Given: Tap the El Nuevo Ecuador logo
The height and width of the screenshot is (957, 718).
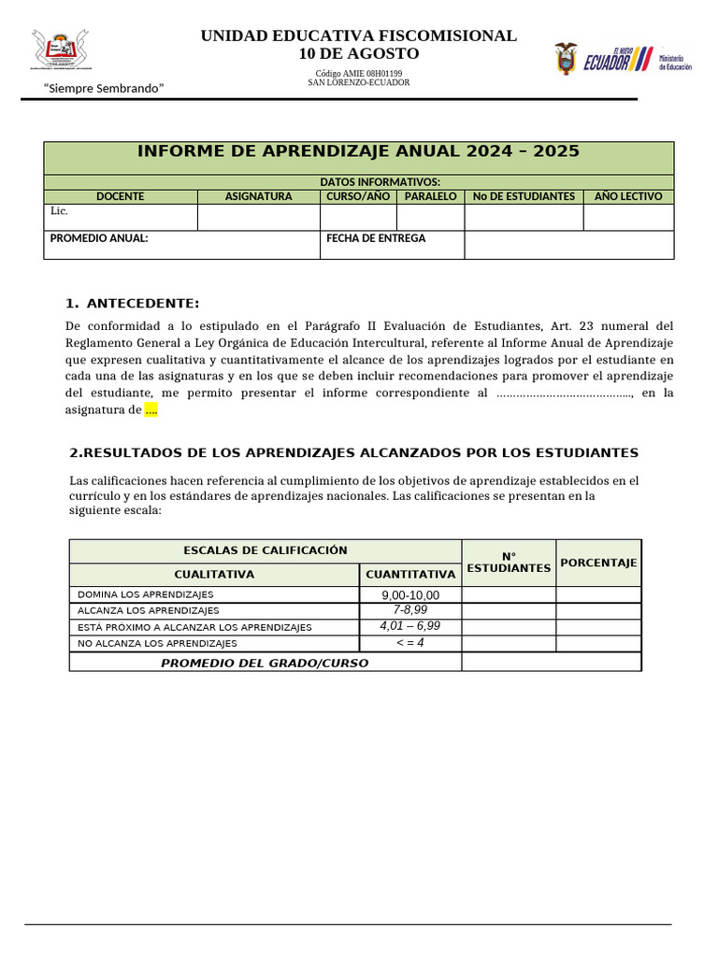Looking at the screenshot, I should [x=617, y=59].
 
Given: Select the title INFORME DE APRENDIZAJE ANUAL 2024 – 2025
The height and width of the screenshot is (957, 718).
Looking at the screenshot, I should [x=358, y=151].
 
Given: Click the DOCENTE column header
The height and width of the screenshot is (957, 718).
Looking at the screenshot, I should [x=120, y=196].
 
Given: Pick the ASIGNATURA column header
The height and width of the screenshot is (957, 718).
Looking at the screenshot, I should [x=258, y=196].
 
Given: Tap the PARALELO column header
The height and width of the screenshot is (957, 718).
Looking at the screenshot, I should [x=430, y=196].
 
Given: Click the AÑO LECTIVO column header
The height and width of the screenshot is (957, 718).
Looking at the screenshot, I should [x=628, y=196].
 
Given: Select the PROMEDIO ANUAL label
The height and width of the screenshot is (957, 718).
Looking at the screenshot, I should [x=99, y=238].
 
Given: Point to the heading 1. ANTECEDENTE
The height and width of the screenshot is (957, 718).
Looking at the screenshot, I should [x=133, y=304].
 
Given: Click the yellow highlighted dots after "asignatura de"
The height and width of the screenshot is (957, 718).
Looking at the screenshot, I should [x=151, y=410].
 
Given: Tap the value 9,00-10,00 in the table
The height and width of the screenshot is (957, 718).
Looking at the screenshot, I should [x=410, y=595].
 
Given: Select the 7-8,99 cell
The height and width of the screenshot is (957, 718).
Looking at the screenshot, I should [x=410, y=610].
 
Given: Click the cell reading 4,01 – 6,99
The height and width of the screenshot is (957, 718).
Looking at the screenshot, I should [x=410, y=626].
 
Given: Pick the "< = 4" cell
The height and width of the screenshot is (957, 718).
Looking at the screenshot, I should [x=410, y=643].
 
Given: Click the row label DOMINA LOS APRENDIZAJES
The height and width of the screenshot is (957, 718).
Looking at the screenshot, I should [x=145, y=594].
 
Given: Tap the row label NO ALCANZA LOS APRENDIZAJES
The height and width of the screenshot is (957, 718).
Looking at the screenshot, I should [x=157, y=643].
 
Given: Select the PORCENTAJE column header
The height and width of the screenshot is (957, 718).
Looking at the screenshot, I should [x=598, y=563].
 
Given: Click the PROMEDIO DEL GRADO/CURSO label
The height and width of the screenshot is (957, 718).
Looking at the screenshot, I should [x=265, y=663].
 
